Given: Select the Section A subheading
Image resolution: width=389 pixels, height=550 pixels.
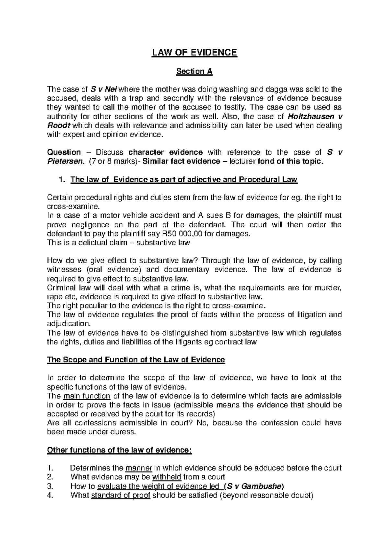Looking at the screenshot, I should pyautogui.click(x=194, y=71).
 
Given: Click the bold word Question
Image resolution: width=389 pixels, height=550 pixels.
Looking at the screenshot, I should pyautogui.click(x=64, y=152).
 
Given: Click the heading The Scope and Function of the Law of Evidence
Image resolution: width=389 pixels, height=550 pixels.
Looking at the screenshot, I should pyautogui.click(x=136, y=360).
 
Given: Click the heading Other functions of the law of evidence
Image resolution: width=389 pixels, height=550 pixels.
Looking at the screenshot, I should pyautogui.click(x=120, y=450).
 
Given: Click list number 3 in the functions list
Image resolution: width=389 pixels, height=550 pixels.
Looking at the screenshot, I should pyautogui.click(x=50, y=486).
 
